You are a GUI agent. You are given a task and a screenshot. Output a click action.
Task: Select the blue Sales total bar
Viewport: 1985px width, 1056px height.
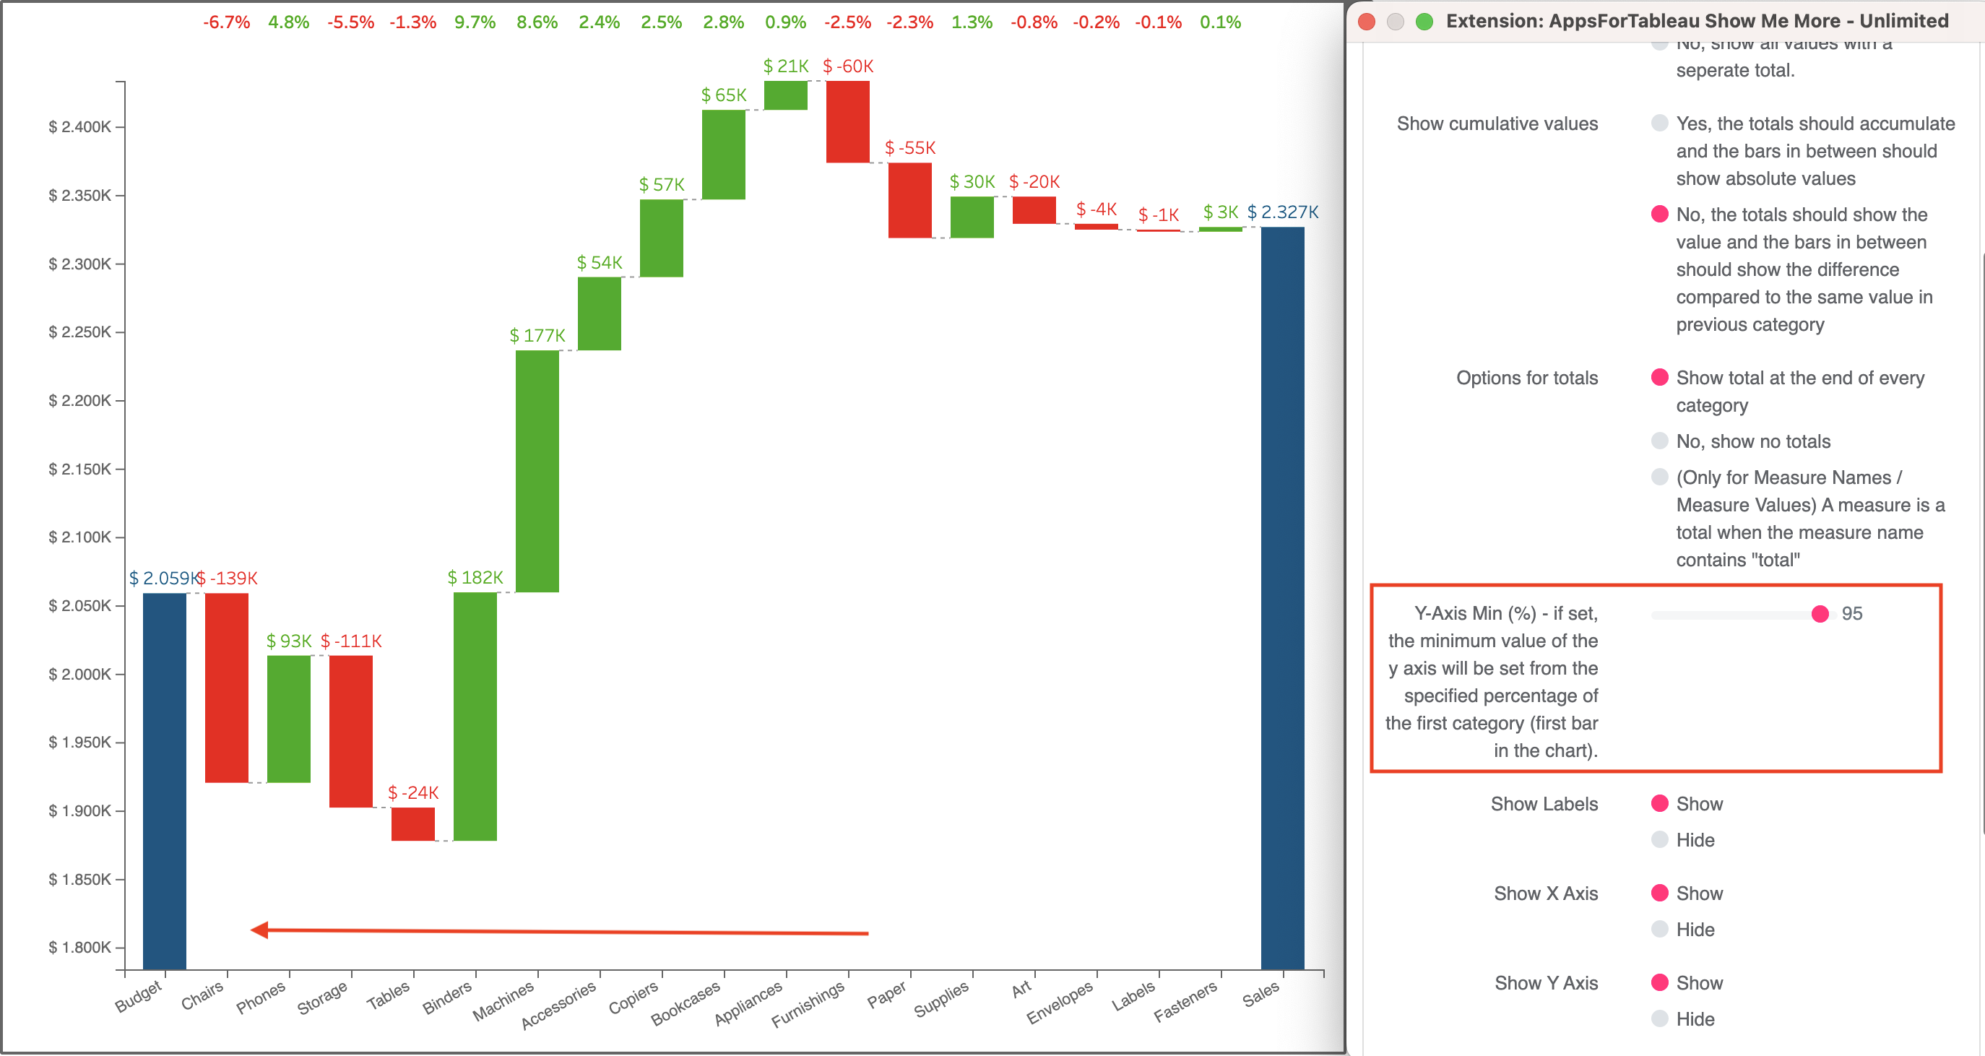coord(1282,597)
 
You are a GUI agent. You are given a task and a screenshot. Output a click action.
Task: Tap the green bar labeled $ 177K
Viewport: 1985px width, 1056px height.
coord(537,471)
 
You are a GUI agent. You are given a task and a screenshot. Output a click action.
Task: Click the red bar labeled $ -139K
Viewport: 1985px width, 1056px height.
coord(227,688)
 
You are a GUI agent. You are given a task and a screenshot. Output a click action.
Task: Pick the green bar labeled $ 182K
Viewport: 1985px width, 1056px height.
coord(475,716)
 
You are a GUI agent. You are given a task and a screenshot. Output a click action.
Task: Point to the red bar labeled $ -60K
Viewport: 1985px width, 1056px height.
coord(847,122)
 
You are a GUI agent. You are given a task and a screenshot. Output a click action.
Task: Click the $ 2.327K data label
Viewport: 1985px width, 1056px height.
coord(1282,212)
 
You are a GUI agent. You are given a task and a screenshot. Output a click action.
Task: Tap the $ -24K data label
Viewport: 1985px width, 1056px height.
coord(413,792)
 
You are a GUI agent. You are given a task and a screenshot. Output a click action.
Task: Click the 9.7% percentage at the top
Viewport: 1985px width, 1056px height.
coord(475,22)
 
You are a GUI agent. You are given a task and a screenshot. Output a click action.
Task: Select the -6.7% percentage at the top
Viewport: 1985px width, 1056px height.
coord(227,22)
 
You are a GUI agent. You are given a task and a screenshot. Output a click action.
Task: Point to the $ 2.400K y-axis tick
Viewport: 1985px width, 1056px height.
coord(80,127)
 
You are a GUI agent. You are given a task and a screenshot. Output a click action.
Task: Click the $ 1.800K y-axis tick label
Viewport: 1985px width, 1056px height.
coord(80,948)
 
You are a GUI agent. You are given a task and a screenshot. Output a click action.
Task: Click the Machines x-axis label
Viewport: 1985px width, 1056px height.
coord(503,1000)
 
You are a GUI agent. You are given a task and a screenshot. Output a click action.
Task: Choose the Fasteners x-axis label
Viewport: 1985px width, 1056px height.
coord(1185,1000)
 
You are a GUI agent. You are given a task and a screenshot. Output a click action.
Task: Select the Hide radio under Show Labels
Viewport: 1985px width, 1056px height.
coord(1660,839)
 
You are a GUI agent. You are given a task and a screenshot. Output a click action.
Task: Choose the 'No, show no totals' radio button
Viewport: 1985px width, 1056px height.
coord(1660,441)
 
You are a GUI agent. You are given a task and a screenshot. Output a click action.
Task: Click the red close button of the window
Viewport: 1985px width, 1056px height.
coord(1367,21)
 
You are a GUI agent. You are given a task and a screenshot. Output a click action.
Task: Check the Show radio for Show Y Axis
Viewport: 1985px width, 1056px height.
coord(1660,983)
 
